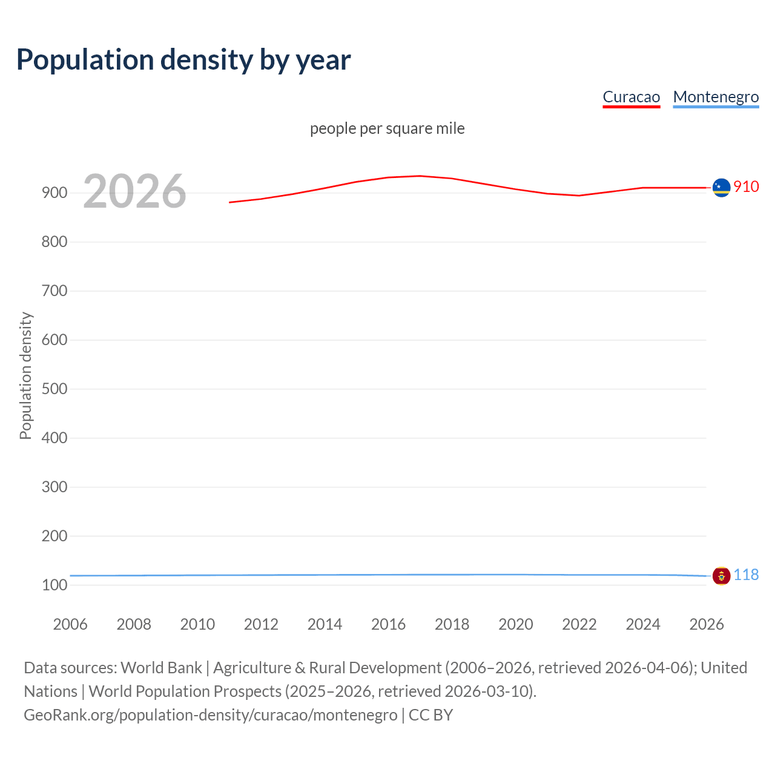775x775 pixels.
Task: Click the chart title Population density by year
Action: click(183, 60)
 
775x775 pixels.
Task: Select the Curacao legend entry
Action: click(631, 97)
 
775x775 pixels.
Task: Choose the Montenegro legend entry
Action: click(716, 97)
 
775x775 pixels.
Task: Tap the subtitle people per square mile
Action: click(387, 128)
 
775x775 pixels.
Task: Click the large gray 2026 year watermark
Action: click(134, 191)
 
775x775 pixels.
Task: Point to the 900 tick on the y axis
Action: click(54, 193)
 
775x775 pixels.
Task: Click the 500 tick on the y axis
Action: click(54, 389)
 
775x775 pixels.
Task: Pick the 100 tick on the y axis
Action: click(54, 585)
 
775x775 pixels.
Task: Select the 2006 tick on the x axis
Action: click(70, 624)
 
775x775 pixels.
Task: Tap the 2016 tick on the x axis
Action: click(388, 624)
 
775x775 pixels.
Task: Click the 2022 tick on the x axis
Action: click(579, 624)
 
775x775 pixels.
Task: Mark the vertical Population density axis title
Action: click(25, 375)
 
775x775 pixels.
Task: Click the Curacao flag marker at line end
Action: click(721, 188)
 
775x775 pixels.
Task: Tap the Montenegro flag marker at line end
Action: click(721, 576)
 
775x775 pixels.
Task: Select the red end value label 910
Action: click(746, 186)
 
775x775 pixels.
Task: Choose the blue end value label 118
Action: click(746, 575)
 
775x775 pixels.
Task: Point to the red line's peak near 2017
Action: click(420, 176)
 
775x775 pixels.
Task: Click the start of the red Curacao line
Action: click(230, 202)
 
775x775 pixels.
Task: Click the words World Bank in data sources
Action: click(161, 668)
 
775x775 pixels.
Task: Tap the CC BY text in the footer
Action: click(430, 715)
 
